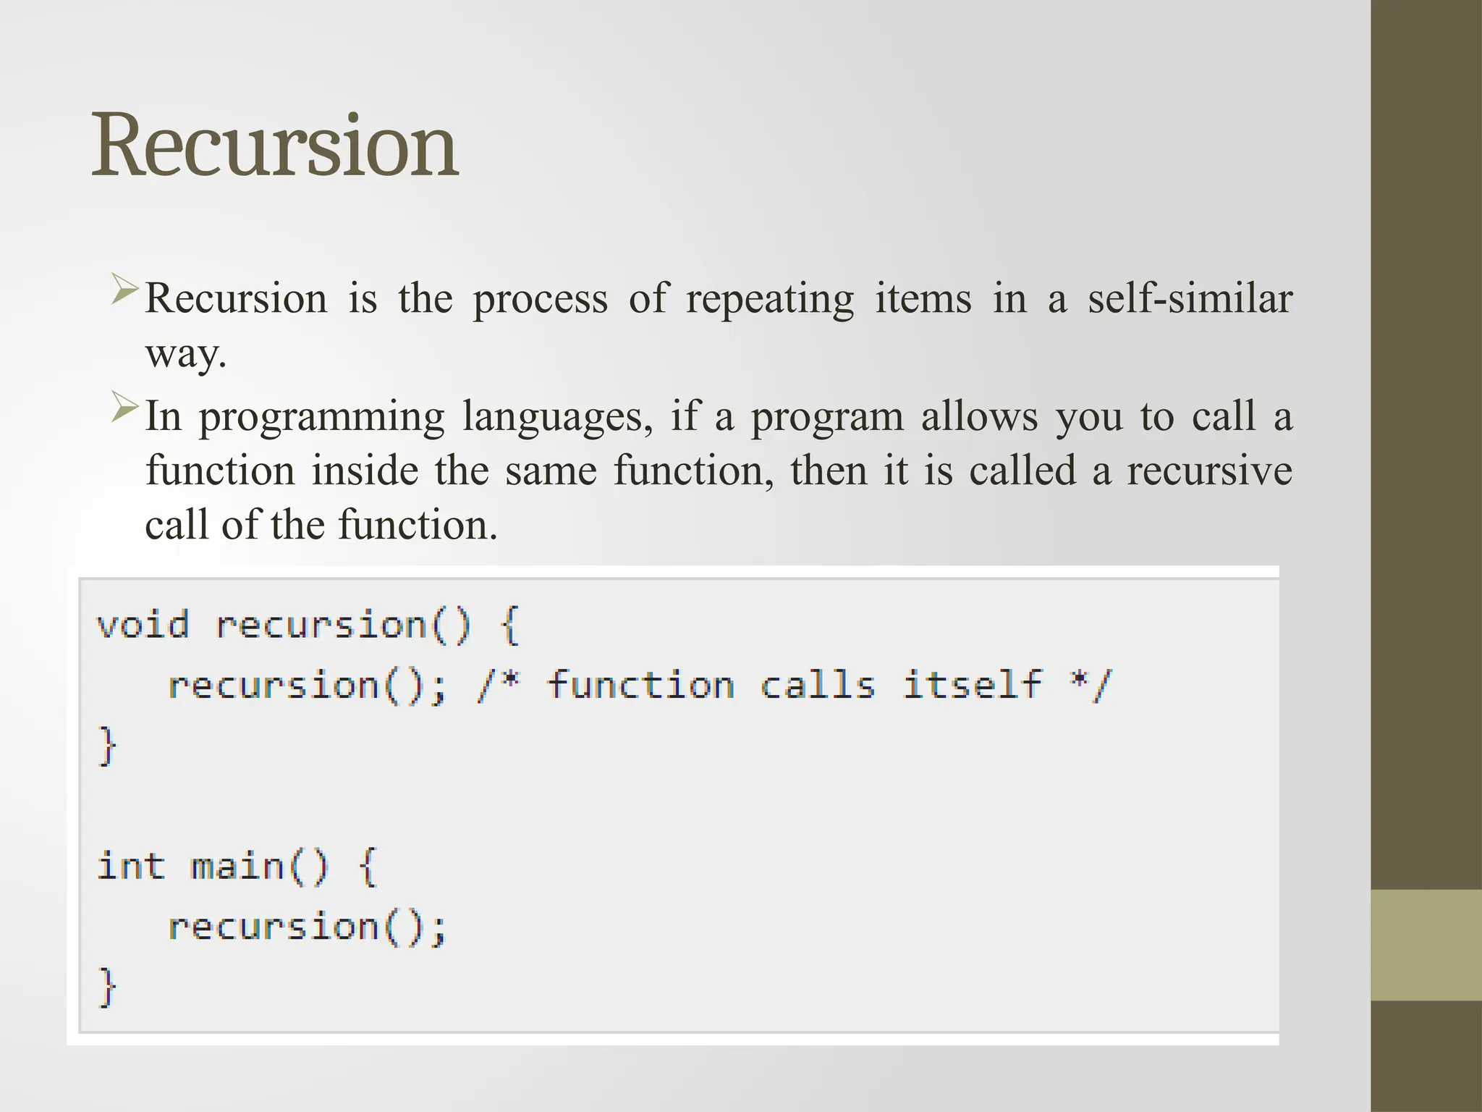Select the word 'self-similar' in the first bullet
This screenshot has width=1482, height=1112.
[x=1190, y=298]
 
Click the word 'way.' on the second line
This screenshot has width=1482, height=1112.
[x=186, y=355]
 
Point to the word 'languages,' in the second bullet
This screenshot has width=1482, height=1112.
[x=557, y=418]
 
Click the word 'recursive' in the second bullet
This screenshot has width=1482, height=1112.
[x=1209, y=471]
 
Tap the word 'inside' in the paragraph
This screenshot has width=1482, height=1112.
[x=365, y=471]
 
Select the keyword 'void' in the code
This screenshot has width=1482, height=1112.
[x=143, y=625]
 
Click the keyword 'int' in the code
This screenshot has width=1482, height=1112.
[x=131, y=866]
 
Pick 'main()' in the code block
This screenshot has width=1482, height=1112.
[x=259, y=867]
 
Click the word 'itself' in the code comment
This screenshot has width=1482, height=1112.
[x=972, y=685]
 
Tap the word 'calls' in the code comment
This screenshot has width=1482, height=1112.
[x=817, y=685]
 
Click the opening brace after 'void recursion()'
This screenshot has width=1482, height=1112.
[x=510, y=625]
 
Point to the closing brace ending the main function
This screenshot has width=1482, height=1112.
[x=107, y=986]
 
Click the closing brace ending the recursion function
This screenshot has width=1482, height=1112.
[x=107, y=746]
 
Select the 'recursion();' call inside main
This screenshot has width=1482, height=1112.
[x=307, y=927]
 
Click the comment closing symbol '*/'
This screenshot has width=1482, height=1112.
[x=1091, y=685]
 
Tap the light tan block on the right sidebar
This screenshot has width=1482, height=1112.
[x=1426, y=945]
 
